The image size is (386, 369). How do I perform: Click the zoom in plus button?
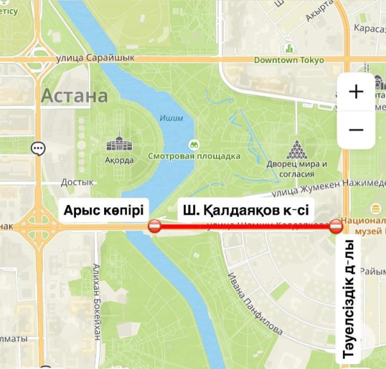click(356, 92)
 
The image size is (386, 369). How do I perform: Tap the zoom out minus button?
click(356, 130)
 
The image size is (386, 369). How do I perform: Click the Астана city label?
click(75, 97)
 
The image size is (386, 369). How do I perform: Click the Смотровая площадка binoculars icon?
click(192, 144)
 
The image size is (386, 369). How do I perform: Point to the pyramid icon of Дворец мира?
click(297, 150)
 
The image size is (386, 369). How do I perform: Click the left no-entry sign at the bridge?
click(154, 226)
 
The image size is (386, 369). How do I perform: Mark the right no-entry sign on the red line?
click(336, 226)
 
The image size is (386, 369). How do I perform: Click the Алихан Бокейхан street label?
click(97, 301)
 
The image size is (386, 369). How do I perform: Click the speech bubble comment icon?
click(38, 148)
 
